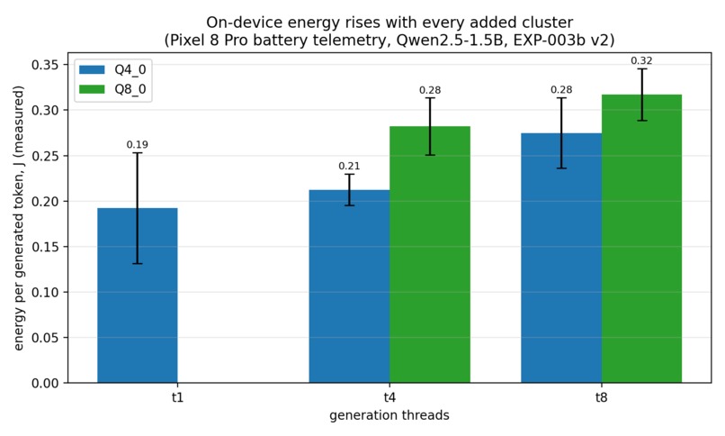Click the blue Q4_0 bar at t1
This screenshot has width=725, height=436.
[138, 295]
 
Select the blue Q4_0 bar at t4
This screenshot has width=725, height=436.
[349, 286]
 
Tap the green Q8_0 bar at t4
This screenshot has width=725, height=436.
[430, 255]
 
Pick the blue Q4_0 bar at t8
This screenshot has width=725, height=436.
[561, 258]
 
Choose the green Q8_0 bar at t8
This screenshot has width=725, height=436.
[641, 239]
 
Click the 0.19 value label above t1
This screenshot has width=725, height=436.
[138, 145]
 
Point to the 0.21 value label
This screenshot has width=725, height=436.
[349, 166]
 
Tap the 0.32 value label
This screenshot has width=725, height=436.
[641, 60]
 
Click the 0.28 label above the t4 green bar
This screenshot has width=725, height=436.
[430, 90]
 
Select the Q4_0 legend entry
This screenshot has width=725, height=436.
[112, 70]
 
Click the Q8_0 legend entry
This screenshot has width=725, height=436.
[112, 89]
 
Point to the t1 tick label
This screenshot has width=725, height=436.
[177, 397]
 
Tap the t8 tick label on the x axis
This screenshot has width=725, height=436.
[601, 397]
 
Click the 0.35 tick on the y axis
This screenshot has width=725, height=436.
[45, 65]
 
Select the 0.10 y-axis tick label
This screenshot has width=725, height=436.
[45, 292]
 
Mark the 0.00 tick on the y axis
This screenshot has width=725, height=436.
[45, 383]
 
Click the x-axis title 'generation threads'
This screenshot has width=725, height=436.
[389, 415]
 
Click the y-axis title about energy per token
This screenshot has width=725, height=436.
[19, 218]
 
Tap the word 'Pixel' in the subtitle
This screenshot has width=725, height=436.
[186, 41]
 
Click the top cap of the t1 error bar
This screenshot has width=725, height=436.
[138, 153]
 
